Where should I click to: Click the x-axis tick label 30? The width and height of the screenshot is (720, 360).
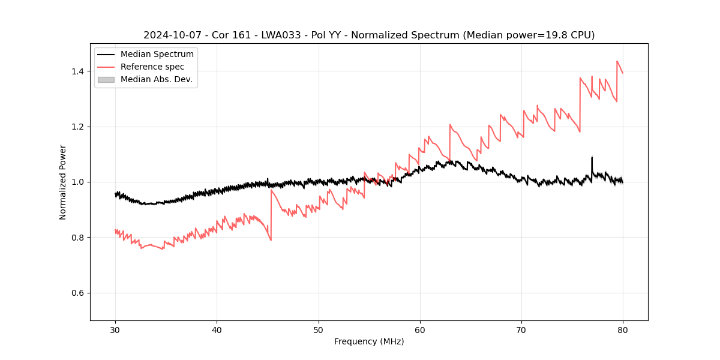pyautogui.click(x=115, y=329)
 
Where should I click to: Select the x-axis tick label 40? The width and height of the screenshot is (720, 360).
pyautogui.click(x=217, y=329)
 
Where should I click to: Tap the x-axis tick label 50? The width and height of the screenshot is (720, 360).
pyautogui.click(x=319, y=329)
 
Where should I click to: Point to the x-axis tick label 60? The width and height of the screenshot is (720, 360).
pyautogui.click(x=420, y=329)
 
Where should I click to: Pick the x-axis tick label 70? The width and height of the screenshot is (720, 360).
pyautogui.click(x=521, y=329)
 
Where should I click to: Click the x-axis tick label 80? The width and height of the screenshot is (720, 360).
pyautogui.click(x=623, y=329)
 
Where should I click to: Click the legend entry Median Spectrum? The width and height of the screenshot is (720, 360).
pyautogui.click(x=157, y=55)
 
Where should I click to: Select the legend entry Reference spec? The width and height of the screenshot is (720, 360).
pyautogui.click(x=152, y=67)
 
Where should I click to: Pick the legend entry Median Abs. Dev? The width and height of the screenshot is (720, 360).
pyautogui.click(x=156, y=80)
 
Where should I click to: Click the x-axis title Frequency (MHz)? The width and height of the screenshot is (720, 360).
pyautogui.click(x=369, y=341)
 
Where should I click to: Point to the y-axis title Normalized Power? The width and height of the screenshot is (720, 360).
pyautogui.click(x=63, y=182)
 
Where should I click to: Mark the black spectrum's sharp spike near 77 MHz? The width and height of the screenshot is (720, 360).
pyautogui.click(x=592, y=158)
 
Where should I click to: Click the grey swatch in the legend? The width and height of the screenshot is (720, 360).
pyautogui.click(x=106, y=80)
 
